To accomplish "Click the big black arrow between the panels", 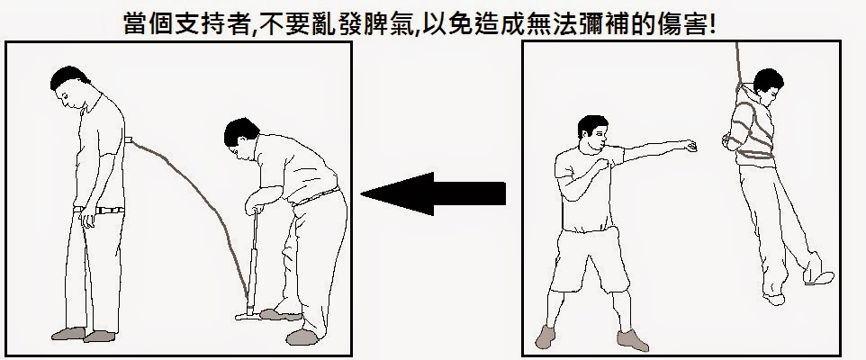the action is (x=433, y=193).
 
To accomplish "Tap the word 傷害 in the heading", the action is (x=682, y=24).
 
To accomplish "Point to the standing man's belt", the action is (x=99, y=210).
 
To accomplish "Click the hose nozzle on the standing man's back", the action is (x=129, y=140).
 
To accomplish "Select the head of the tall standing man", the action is (x=71, y=86).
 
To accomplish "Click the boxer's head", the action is (x=592, y=133).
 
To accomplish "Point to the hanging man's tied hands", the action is (x=728, y=141).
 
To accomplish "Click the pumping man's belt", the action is (x=316, y=196).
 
